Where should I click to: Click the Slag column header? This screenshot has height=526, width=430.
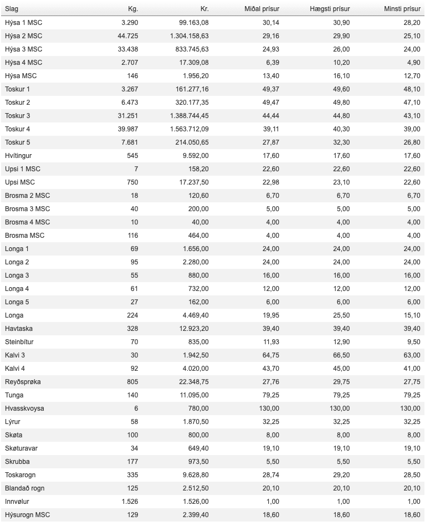click(x=12, y=9)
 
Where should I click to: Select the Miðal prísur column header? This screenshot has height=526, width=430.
click(x=262, y=9)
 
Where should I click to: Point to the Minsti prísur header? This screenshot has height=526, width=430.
click(x=402, y=9)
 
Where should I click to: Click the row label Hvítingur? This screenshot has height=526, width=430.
click(x=18, y=156)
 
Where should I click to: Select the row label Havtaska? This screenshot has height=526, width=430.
click(x=19, y=329)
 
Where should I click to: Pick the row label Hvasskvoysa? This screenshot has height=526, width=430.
click(x=24, y=408)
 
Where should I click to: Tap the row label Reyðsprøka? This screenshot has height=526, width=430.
click(x=23, y=382)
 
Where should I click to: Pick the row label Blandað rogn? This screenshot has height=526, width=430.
click(x=24, y=488)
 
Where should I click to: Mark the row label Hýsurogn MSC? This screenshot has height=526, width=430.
click(x=27, y=515)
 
